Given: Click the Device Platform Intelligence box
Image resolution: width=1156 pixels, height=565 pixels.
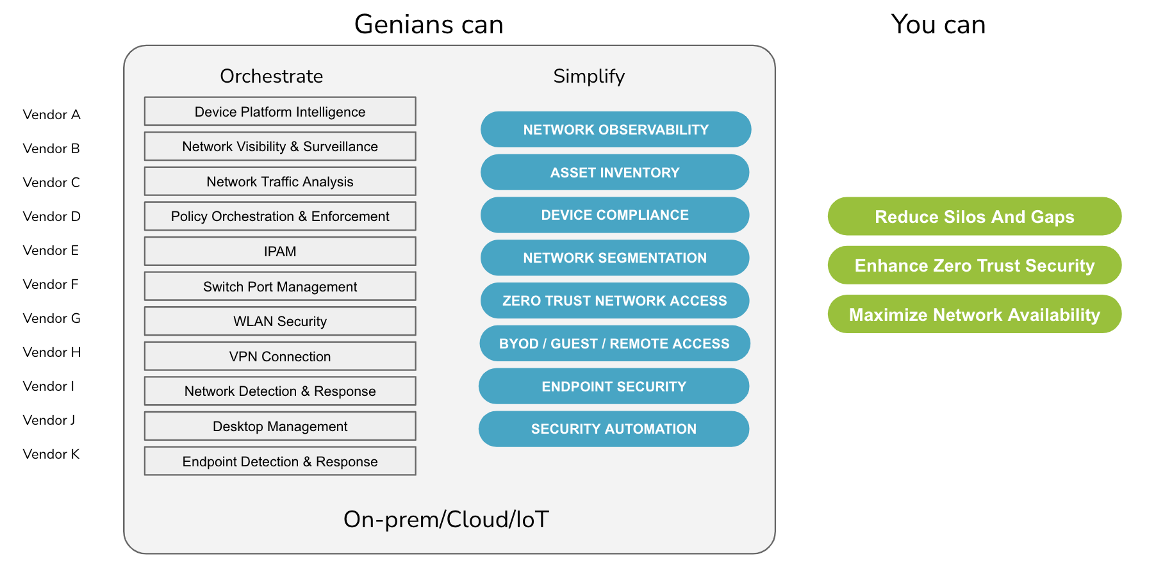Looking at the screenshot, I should click(280, 111).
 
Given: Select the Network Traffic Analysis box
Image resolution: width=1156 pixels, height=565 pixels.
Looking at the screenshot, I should click(280, 181).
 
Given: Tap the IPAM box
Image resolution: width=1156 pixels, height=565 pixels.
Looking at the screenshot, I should click(280, 251).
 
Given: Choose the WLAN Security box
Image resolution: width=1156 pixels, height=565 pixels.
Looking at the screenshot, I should click(280, 321).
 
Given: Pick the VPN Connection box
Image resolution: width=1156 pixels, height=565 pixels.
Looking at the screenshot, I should click(280, 356).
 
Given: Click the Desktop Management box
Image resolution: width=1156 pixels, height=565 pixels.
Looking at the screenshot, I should click(280, 426).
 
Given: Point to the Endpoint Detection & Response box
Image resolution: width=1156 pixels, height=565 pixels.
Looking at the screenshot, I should click(280, 461).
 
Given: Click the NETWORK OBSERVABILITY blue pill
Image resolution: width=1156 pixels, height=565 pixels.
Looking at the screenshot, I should click(615, 129).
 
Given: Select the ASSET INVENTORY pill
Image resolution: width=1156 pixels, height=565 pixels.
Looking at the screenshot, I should click(615, 172).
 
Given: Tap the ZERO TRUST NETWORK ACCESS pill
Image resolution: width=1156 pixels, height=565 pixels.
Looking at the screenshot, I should click(615, 300).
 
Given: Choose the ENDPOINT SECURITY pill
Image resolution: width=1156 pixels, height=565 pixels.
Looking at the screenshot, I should click(614, 386).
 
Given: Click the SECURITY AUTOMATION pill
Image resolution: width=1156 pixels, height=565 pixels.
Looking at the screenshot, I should click(613, 429).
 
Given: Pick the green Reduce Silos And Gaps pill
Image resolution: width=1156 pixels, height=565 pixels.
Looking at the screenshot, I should click(974, 217).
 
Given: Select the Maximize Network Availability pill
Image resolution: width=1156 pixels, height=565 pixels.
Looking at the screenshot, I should click(974, 315).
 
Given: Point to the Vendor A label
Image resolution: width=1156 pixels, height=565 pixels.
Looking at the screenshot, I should click(51, 115).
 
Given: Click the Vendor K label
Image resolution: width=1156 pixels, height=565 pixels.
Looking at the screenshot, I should click(51, 454).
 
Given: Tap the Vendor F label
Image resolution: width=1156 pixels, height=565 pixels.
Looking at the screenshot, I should click(51, 284).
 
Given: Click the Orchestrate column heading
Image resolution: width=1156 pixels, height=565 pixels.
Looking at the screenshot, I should click(271, 76).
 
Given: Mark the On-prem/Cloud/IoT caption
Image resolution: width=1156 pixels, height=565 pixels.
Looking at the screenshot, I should click(446, 519).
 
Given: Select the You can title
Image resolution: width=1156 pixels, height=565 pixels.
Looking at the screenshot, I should click(938, 24).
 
